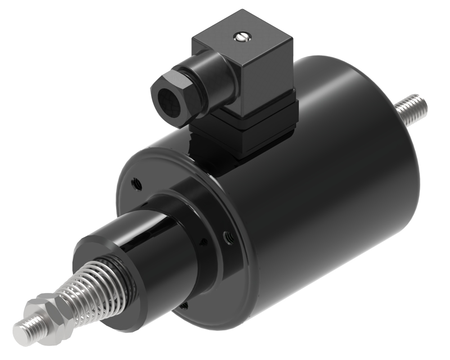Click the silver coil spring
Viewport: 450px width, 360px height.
pyautogui.click(x=90, y=288)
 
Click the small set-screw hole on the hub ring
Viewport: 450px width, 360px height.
pyautogui.click(x=204, y=242)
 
